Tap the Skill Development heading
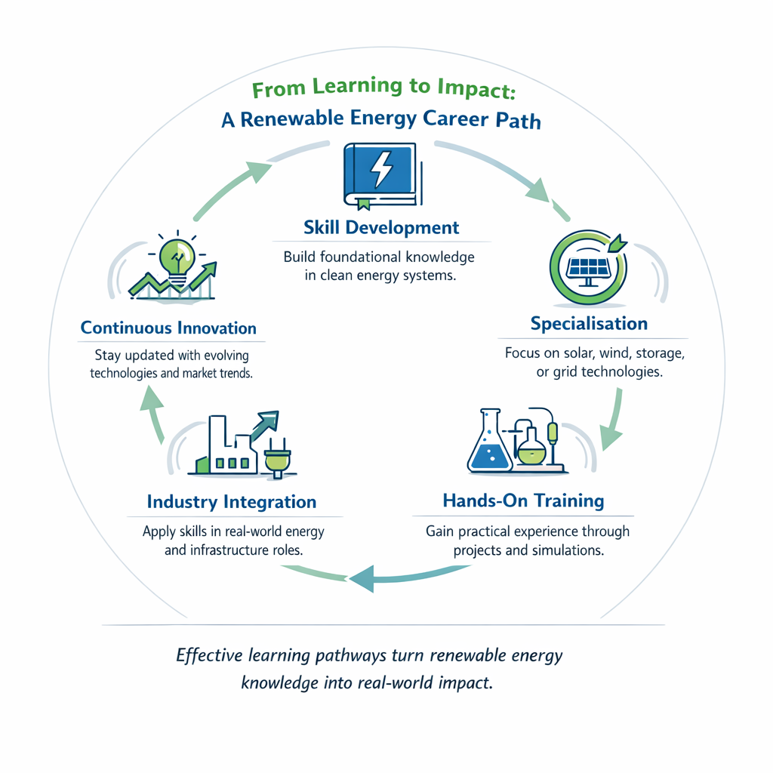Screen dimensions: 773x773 tap(380, 227)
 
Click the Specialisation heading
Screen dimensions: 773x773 tap(589, 324)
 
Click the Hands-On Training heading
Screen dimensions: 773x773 tap(523, 500)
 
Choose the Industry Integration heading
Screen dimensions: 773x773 tap(232, 502)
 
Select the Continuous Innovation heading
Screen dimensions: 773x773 tap(168, 328)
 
